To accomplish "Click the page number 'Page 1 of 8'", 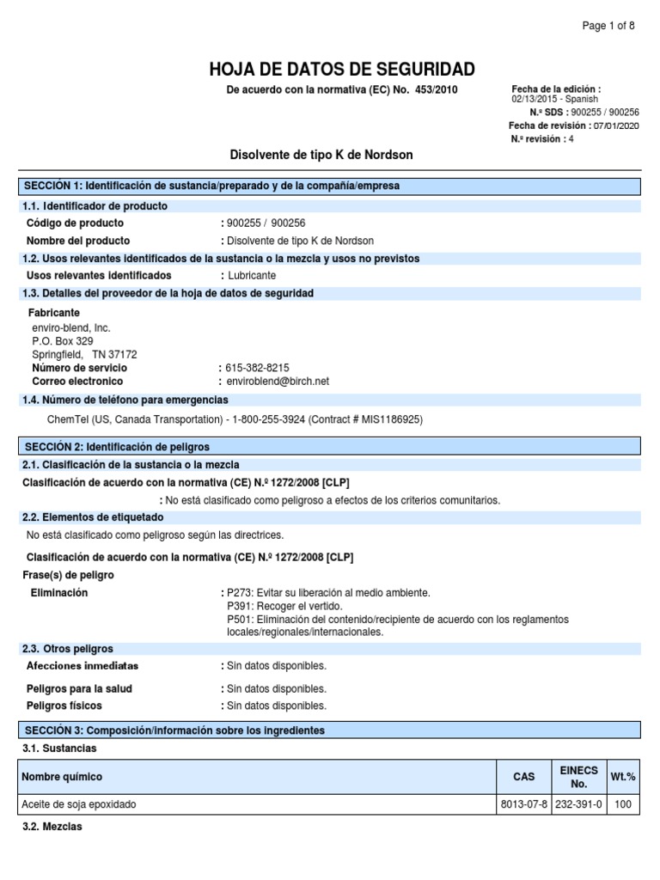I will pos(608,26).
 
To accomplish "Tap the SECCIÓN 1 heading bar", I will pos(330,186).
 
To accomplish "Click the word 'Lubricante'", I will pos(252,276).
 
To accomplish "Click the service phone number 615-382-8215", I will pos(258,368).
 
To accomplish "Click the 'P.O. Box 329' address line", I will pos(63,341).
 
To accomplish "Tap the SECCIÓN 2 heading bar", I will pos(330,447).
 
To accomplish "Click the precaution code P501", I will pos(241,620).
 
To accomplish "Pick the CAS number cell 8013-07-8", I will pos(523,805).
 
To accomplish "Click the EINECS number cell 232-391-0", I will pos(578,805).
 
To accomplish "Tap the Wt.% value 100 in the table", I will pos(622,805).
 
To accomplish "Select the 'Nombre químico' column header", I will pos(62,777).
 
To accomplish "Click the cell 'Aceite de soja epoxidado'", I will pos(79,805).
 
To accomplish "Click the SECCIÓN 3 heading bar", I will pos(330,730).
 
